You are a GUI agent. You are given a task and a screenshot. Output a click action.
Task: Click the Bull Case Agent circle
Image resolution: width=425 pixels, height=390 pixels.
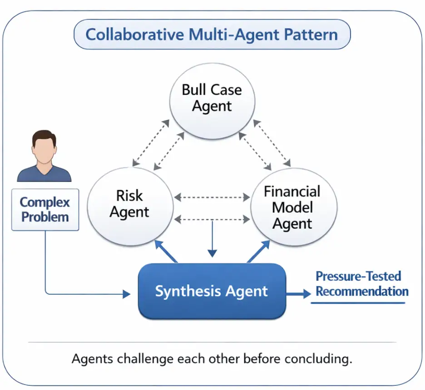pyautogui.click(x=212, y=98)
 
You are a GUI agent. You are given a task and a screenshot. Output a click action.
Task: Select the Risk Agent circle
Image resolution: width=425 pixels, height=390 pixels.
pyautogui.click(x=130, y=204)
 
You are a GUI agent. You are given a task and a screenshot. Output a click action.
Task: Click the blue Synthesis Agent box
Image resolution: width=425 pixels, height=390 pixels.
pyautogui.click(x=212, y=291)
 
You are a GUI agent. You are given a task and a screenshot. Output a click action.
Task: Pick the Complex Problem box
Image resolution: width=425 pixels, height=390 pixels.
pyautogui.click(x=45, y=209)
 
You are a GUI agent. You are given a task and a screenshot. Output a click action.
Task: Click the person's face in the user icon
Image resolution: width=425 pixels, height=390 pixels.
pyautogui.click(x=44, y=149)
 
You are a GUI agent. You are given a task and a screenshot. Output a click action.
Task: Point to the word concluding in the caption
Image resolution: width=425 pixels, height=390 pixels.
pyautogui.click(x=318, y=359)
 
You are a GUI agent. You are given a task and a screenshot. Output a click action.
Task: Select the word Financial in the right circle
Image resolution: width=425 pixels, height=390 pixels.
pyautogui.click(x=292, y=192)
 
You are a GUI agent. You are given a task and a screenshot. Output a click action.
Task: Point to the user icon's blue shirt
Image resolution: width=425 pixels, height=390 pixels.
pyautogui.click(x=44, y=174)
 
